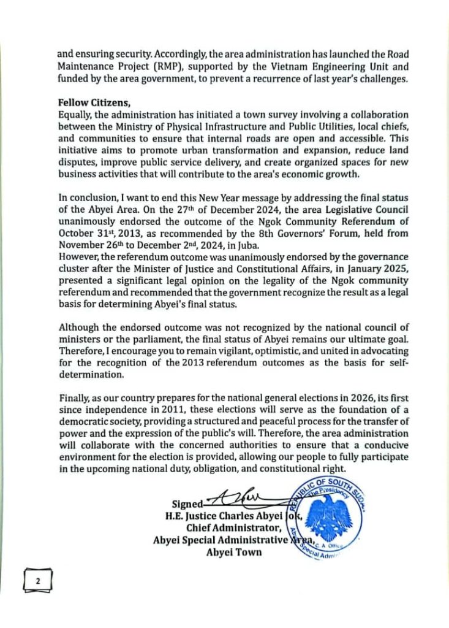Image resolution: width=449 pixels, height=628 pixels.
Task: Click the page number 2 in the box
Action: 37,579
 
